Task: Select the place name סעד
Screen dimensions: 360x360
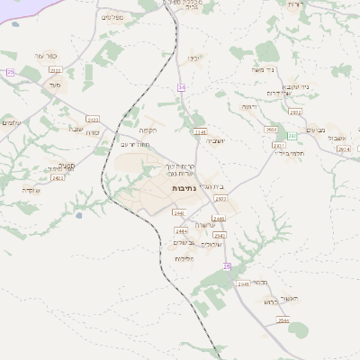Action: pos(54,85)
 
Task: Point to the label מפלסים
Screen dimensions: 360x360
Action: pos(112,16)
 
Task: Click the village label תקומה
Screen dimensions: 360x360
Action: pos(148,130)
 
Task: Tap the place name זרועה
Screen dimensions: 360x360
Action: pos(247,106)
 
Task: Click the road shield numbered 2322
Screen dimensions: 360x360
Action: pos(55,69)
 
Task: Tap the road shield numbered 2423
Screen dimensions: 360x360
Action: pos(93,118)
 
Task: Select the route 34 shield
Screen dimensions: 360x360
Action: pos(182,87)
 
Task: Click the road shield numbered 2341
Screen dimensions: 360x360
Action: pos(200,131)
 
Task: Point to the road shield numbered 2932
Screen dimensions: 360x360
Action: pos(295,112)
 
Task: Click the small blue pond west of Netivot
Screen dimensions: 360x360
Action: pos(79,214)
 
